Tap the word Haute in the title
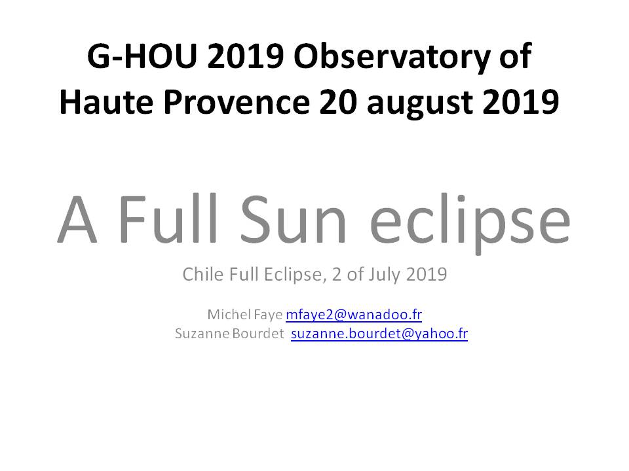(x=106, y=102)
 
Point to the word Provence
(x=237, y=102)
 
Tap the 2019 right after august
(x=521, y=102)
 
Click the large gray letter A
(x=77, y=220)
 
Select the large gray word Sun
(x=293, y=220)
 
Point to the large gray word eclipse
(x=470, y=224)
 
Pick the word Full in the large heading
(x=168, y=218)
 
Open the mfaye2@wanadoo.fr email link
(x=354, y=315)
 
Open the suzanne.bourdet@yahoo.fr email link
(x=379, y=334)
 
